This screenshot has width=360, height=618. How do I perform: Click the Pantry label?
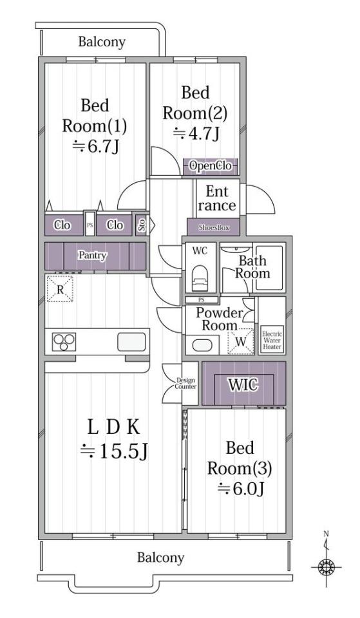(93, 256)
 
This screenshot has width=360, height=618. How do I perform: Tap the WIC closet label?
(243, 384)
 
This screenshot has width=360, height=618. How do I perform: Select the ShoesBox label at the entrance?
(213, 227)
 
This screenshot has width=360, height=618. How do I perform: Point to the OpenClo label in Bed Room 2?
(210, 166)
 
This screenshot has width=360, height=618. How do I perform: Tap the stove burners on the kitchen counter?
(64, 342)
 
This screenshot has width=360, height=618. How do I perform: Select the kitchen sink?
(131, 342)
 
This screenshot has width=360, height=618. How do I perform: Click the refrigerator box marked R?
(60, 289)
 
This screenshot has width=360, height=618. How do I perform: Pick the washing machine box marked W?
(241, 341)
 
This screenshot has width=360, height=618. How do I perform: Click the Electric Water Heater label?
(272, 340)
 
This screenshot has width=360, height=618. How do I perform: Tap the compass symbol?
(326, 568)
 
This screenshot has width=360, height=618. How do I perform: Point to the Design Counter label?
(185, 384)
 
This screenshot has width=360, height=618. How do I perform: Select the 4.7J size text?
(196, 134)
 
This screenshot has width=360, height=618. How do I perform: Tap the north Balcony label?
(102, 42)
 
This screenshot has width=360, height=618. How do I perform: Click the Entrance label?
(217, 198)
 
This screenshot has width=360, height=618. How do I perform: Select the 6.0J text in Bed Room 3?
(241, 489)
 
